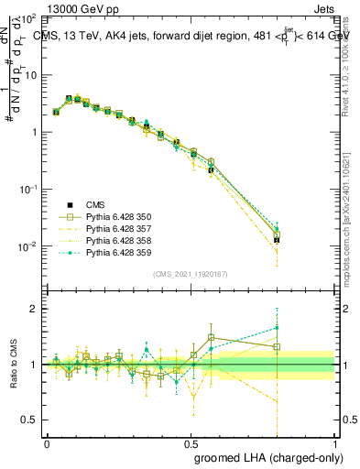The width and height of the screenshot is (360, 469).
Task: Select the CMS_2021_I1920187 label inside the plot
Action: point(191,274)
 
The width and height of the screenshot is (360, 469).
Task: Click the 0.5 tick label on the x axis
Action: point(191,442)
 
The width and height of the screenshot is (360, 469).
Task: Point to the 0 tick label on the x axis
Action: point(47,442)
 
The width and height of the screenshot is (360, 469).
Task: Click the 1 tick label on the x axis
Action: point(334,442)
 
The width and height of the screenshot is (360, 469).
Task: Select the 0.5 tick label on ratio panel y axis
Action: point(31,420)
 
